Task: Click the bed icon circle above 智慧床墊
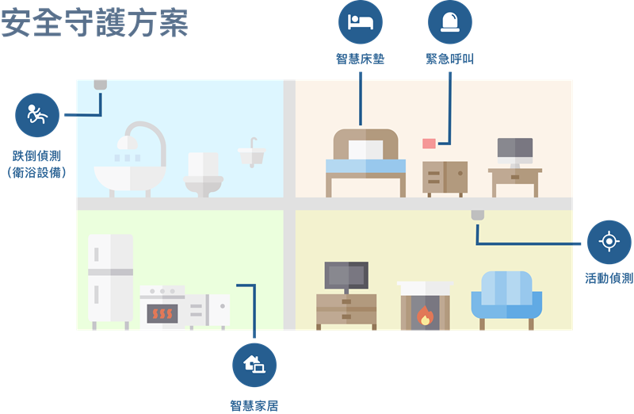361,22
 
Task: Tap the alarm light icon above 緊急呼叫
450,22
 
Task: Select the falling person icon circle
37,115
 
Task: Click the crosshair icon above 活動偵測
609,242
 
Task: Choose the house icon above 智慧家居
254,365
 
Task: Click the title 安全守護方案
95,23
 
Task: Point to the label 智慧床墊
361,59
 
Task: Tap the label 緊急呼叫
450,59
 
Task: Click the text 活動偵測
609,278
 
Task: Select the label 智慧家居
254,405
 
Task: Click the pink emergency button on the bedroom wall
429,144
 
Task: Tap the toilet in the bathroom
204,174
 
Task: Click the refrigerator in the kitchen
110,282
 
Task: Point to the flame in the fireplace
425,316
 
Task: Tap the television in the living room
346,276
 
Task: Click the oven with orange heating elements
162,308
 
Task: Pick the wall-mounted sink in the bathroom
251,153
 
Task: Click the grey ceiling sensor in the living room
478,215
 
